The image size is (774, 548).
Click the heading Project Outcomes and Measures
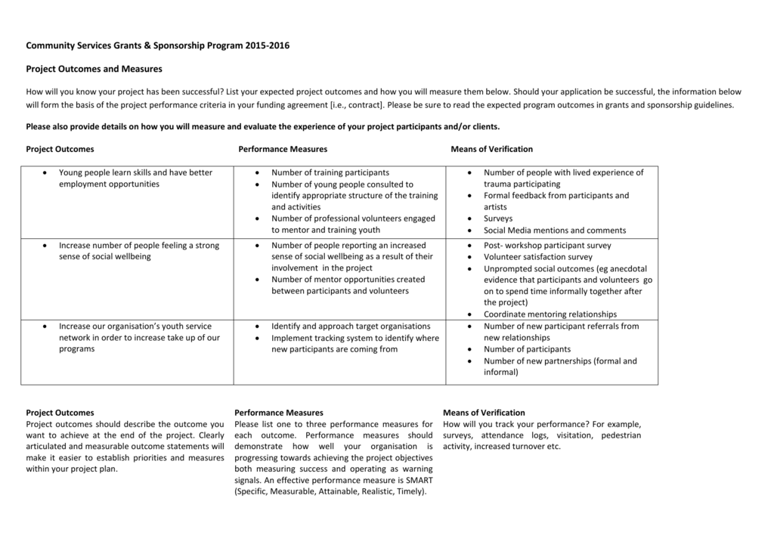[94, 69]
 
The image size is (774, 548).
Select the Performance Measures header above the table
[283, 149]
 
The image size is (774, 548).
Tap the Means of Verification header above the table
[491, 149]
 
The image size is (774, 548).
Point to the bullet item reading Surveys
[498, 218]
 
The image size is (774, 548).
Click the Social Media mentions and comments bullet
[555, 231]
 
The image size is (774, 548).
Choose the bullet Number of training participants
[330, 172]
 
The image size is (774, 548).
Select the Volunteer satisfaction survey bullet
[538, 257]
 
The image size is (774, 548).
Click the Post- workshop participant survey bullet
[547, 246]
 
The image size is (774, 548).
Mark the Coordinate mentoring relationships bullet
[550, 314]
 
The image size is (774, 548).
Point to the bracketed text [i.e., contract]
[357, 105]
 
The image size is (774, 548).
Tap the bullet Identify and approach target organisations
[351, 327]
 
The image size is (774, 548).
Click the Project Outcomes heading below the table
[60, 413]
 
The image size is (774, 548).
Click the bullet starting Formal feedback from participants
[556, 196]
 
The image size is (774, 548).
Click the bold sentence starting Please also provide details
[262, 127]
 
